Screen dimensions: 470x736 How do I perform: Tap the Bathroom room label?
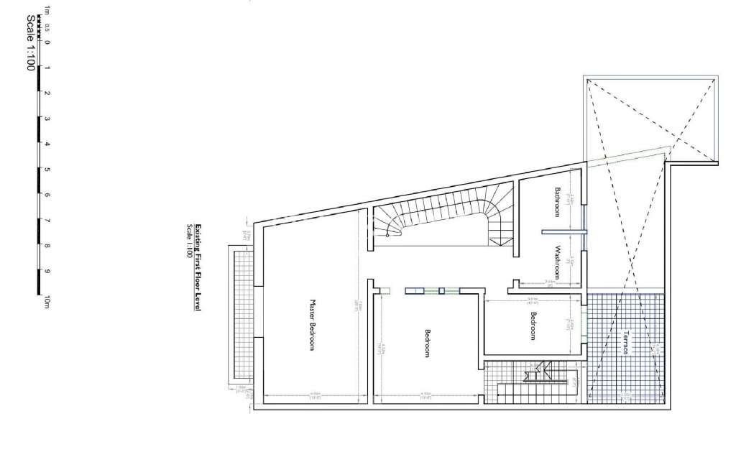point(557,202)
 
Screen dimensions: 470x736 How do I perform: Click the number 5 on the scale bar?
point(47,170)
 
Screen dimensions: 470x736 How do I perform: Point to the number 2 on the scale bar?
point(47,93)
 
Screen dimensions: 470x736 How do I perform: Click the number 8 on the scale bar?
point(47,246)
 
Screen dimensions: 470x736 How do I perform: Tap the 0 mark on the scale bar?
point(47,42)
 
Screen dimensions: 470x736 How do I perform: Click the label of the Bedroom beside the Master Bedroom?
point(427,344)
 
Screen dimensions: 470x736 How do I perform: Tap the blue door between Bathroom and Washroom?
point(564,231)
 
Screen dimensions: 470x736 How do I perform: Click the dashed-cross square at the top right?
point(650,118)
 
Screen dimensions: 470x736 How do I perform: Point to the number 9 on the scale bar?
point(47,272)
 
